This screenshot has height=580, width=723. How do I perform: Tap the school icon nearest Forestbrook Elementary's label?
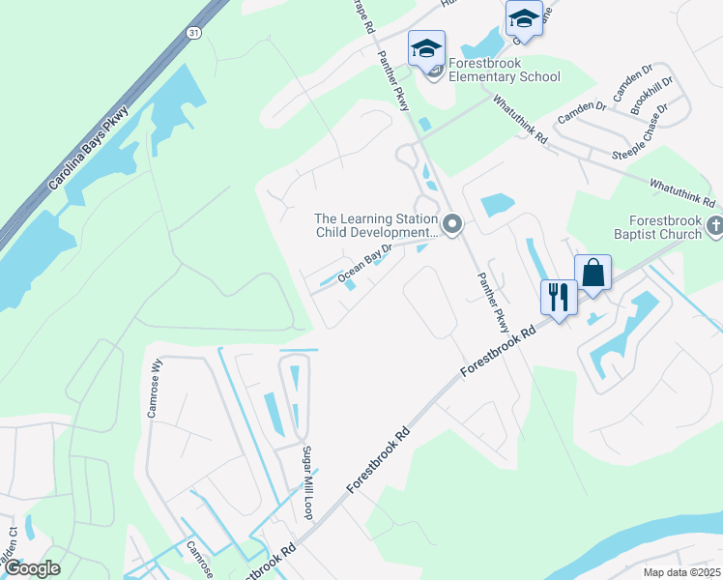pyautogui.click(x=426, y=48)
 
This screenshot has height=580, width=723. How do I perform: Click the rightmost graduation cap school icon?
pyautogui.click(x=524, y=17)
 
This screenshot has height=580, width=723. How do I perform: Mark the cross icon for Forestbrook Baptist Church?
pyautogui.click(x=714, y=226)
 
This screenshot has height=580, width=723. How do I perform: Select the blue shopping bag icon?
pyautogui.click(x=593, y=274)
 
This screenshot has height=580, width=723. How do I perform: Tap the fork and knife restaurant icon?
pyautogui.click(x=558, y=296)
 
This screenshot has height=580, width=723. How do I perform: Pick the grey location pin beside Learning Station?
pyautogui.click(x=452, y=225)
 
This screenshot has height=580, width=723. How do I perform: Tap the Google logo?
pyautogui.click(x=31, y=568)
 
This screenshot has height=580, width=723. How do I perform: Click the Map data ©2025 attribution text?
pyautogui.click(x=681, y=572)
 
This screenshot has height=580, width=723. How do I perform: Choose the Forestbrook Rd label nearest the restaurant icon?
pyautogui.click(x=497, y=352)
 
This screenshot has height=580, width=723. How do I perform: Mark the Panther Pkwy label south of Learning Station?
pyautogui.click(x=491, y=301)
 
